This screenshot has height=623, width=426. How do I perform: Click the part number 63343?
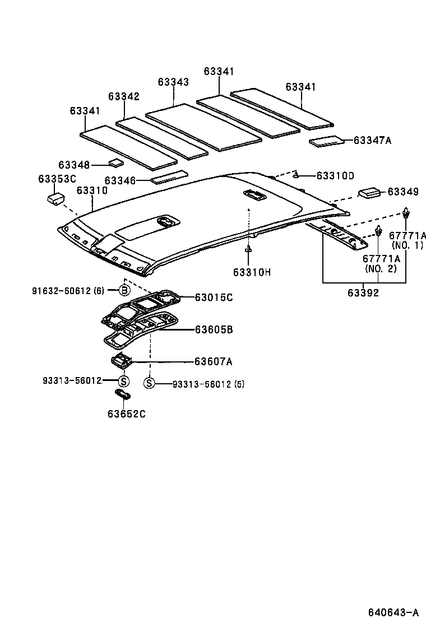[173, 82]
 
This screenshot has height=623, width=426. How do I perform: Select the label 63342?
[124, 96]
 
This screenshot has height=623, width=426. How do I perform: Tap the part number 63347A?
[372, 140]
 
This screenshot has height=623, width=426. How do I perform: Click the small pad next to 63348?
[117, 163]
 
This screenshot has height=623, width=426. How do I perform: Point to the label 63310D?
[335, 175]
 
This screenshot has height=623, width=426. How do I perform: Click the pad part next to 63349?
[369, 192]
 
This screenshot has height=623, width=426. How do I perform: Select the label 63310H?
[252, 272]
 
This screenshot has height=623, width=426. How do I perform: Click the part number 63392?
[363, 292]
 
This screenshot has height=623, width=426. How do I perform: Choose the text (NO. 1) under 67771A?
[408, 245]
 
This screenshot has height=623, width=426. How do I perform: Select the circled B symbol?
[124, 290]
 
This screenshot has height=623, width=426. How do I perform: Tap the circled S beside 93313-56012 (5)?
[149, 383]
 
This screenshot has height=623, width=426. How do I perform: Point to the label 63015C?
[214, 297]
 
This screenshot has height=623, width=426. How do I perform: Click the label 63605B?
[214, 330]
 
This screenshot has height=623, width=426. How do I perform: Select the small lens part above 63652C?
[123, 395]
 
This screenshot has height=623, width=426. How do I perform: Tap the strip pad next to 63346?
[169, 177]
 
